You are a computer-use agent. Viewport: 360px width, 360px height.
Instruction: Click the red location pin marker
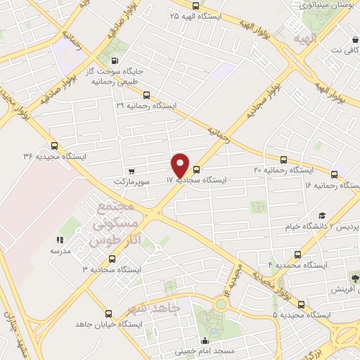181,165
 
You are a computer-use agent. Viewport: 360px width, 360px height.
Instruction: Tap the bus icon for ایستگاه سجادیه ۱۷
196,169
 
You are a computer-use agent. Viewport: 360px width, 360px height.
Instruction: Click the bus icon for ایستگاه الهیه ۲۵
176,4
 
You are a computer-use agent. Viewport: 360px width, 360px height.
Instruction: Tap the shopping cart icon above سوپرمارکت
131,171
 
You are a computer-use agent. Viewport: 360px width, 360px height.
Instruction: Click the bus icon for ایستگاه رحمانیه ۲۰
284,160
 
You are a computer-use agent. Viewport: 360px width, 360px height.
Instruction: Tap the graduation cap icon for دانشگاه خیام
322,216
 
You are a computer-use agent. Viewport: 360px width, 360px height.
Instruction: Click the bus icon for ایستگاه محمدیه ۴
298,255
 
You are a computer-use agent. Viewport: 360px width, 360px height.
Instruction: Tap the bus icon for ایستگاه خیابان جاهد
108,314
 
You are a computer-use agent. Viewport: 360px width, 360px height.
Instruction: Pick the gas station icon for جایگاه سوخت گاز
115,61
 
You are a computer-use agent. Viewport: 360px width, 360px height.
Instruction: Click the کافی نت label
340,51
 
